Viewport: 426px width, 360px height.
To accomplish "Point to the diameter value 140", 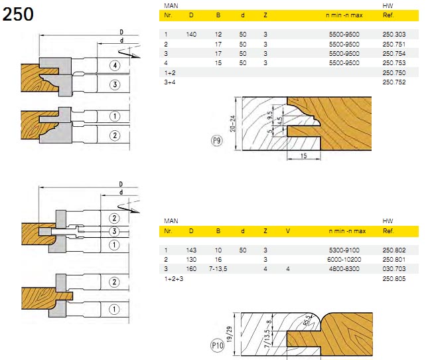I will click(193, 34).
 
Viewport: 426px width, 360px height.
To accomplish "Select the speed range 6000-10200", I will click(344, 258).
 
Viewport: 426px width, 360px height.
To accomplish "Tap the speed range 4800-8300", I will click(344, 268).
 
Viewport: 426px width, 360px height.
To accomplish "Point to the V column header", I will click(287, 231).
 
